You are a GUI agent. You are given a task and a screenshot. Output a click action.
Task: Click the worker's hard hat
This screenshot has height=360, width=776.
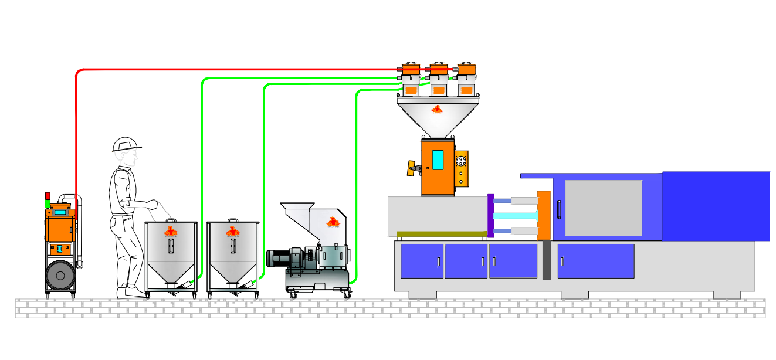tap(126, 144)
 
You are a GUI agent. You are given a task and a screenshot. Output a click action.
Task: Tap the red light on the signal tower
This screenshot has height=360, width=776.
tap(48, 195)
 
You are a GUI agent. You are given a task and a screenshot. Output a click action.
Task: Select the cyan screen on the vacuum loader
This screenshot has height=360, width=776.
tap(60, 212)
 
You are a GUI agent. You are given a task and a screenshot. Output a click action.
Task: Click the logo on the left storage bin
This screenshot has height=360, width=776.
tap(171, 232)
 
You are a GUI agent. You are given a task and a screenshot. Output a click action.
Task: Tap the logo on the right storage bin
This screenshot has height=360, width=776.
tap(233, 232)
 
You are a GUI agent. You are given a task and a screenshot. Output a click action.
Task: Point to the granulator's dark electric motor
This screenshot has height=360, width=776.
tap(280, 258)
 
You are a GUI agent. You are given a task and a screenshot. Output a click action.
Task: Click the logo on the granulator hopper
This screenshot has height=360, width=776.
tap(333, 222)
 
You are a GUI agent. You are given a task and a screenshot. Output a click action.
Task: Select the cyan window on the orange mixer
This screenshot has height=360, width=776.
tap(438, 159)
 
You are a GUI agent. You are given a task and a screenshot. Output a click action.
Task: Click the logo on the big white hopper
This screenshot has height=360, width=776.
tap(437, 109)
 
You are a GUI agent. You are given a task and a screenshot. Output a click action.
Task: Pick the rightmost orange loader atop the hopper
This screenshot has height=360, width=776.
tap(466, 69)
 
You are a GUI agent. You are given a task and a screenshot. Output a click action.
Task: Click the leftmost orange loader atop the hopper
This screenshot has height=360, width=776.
tap(411, 69)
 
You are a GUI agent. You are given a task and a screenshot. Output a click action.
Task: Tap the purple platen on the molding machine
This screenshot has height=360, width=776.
tap(491, 216)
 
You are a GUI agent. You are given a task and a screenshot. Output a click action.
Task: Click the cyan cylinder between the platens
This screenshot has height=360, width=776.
tap(516, 216)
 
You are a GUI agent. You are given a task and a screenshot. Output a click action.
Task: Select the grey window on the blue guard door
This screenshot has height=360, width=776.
tap(604, 208)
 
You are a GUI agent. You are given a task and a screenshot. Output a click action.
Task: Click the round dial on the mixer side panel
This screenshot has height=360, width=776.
tap(461, 160)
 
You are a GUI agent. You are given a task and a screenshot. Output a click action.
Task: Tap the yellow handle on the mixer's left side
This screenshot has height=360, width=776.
tap(413, 168)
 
